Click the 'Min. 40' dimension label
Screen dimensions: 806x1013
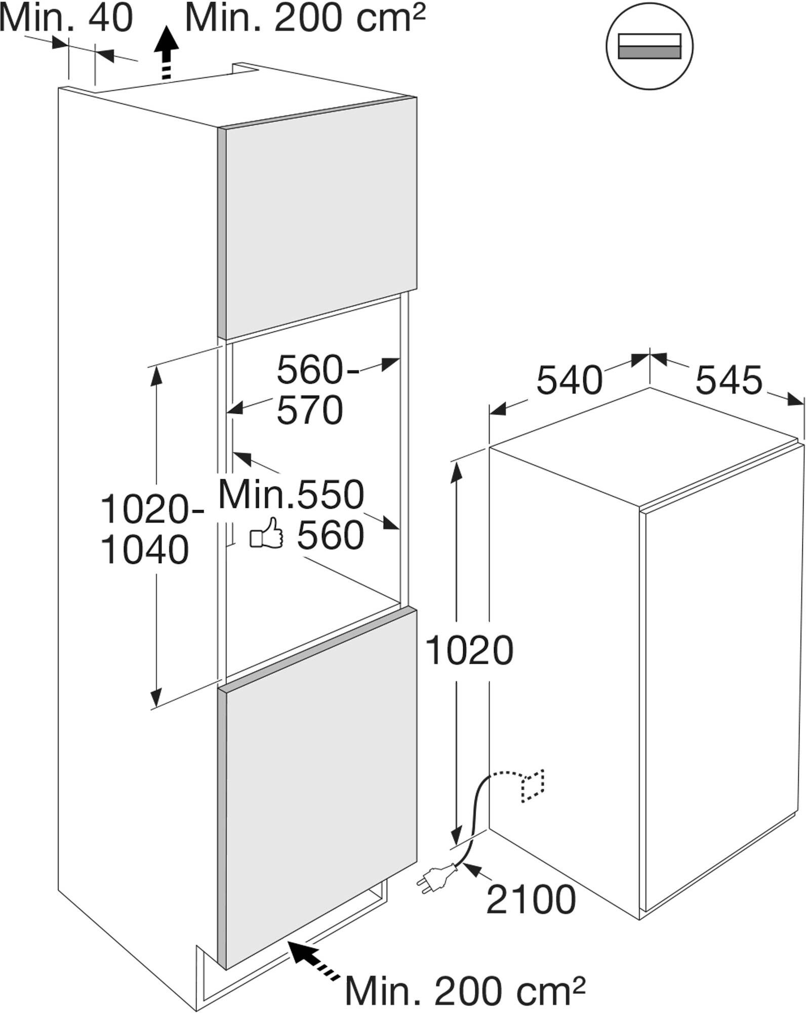pyautogui.click(x=66, y=18)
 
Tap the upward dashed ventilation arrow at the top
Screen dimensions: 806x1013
pyautogui.click(x=167, y=54)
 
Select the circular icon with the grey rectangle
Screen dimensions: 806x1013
pyautogui.click(x=650, y=47)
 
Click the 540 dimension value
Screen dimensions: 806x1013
pyautogui.click(x=569, y=380)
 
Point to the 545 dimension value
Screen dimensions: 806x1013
pyautogui.click(x=729, y=380)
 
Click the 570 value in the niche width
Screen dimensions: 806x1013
pyautogui.click(x=310, y=410)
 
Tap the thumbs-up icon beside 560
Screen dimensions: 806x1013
pyautogui.click(x=266, y=533)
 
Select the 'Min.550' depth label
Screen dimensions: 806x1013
pyautogui.click(x=291, y=494)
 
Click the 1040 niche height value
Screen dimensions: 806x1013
pyautogui.click(x=145, y=550)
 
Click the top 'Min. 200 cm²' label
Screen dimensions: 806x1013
pyautogui.click(x=305, y=18)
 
